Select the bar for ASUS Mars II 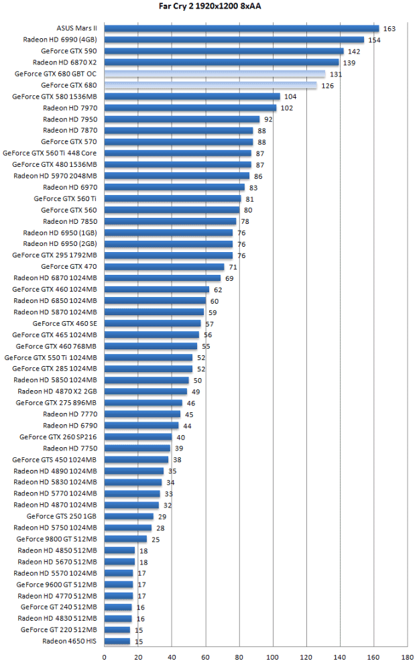pos(241,29)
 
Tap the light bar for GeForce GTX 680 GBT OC pos(215,74)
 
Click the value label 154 pos(374,40)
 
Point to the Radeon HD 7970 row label pos(70,108)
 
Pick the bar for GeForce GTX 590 pos(224,51)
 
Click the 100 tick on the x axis pos(273,658)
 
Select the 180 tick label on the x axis pos(407,658)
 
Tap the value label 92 pos(267,119)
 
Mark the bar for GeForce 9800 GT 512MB pos(125,539)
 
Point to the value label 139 pos(349,63)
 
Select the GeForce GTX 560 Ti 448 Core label pos(50,154)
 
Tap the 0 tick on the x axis pos(105,658)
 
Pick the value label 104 pos(290,97)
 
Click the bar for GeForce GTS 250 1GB pos(129,516)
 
